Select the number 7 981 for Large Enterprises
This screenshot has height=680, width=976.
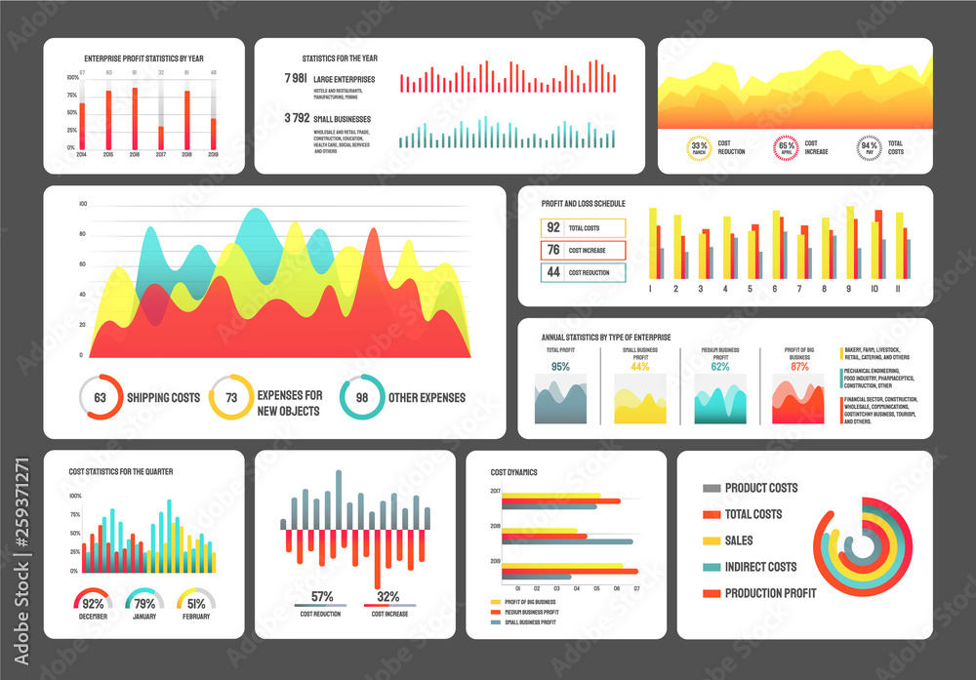(x=295, y=78)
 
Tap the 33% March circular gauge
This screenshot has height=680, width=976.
(x=700, y=148)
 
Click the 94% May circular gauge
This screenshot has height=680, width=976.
(x=869, y=148)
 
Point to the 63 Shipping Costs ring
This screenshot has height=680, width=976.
(x=100, y=397)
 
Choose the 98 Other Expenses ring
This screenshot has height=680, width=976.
(x=361, y=397)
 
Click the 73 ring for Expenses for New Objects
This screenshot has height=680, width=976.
(x=231, y=397)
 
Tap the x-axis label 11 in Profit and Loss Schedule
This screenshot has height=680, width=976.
(x=897, y=289)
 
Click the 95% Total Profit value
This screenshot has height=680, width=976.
(x=560, y=367)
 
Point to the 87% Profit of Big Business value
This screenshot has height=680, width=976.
(x=799, y=367)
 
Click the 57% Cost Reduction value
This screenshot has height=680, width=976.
(x=321, y=596)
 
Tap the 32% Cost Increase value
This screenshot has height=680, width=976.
(x=387, y=596)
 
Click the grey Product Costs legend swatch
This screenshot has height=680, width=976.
(x=712, y=488)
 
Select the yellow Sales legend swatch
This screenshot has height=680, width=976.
(x=712, y=540)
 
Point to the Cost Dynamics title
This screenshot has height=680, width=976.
(x=513, y=472)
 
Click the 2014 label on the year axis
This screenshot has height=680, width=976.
(x=82, y=155)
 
